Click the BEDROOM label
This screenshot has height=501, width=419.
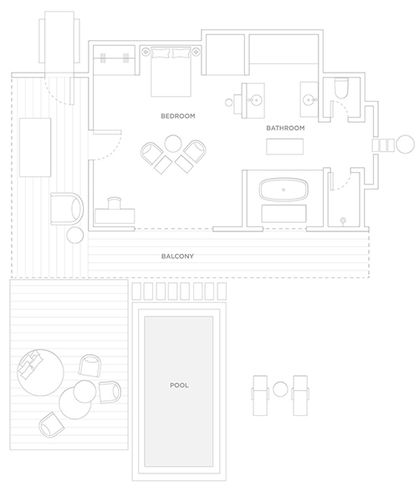pos(178,116)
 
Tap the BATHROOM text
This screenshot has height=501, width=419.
pos(285,128)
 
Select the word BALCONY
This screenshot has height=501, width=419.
pos(177,256)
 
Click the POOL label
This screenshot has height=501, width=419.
pos(179,385)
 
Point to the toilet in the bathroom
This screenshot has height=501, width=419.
pos(341,88)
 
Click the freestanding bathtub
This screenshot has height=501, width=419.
pos(284,190)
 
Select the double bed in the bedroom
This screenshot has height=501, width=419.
pos(171,72)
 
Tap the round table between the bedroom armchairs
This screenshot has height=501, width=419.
pos(173,144)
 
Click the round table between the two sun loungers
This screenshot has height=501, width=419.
pos(280,389)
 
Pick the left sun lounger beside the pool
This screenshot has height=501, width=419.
pos(260,396)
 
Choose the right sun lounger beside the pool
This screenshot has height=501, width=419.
pos(300,396)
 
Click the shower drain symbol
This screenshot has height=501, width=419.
pos(343,220)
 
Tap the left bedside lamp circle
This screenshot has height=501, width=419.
pos(146,51)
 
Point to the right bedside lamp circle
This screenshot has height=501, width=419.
pos(196,51)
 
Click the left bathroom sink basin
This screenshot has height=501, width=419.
pos(255,100)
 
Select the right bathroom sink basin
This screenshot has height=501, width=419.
pos(309,100)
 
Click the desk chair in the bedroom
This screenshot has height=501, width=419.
pos(115,203)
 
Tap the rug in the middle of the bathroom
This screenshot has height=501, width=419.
pos(285,147)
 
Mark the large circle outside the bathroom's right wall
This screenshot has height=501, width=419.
pos(406,144)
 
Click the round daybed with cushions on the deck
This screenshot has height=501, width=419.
pos(40,372)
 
